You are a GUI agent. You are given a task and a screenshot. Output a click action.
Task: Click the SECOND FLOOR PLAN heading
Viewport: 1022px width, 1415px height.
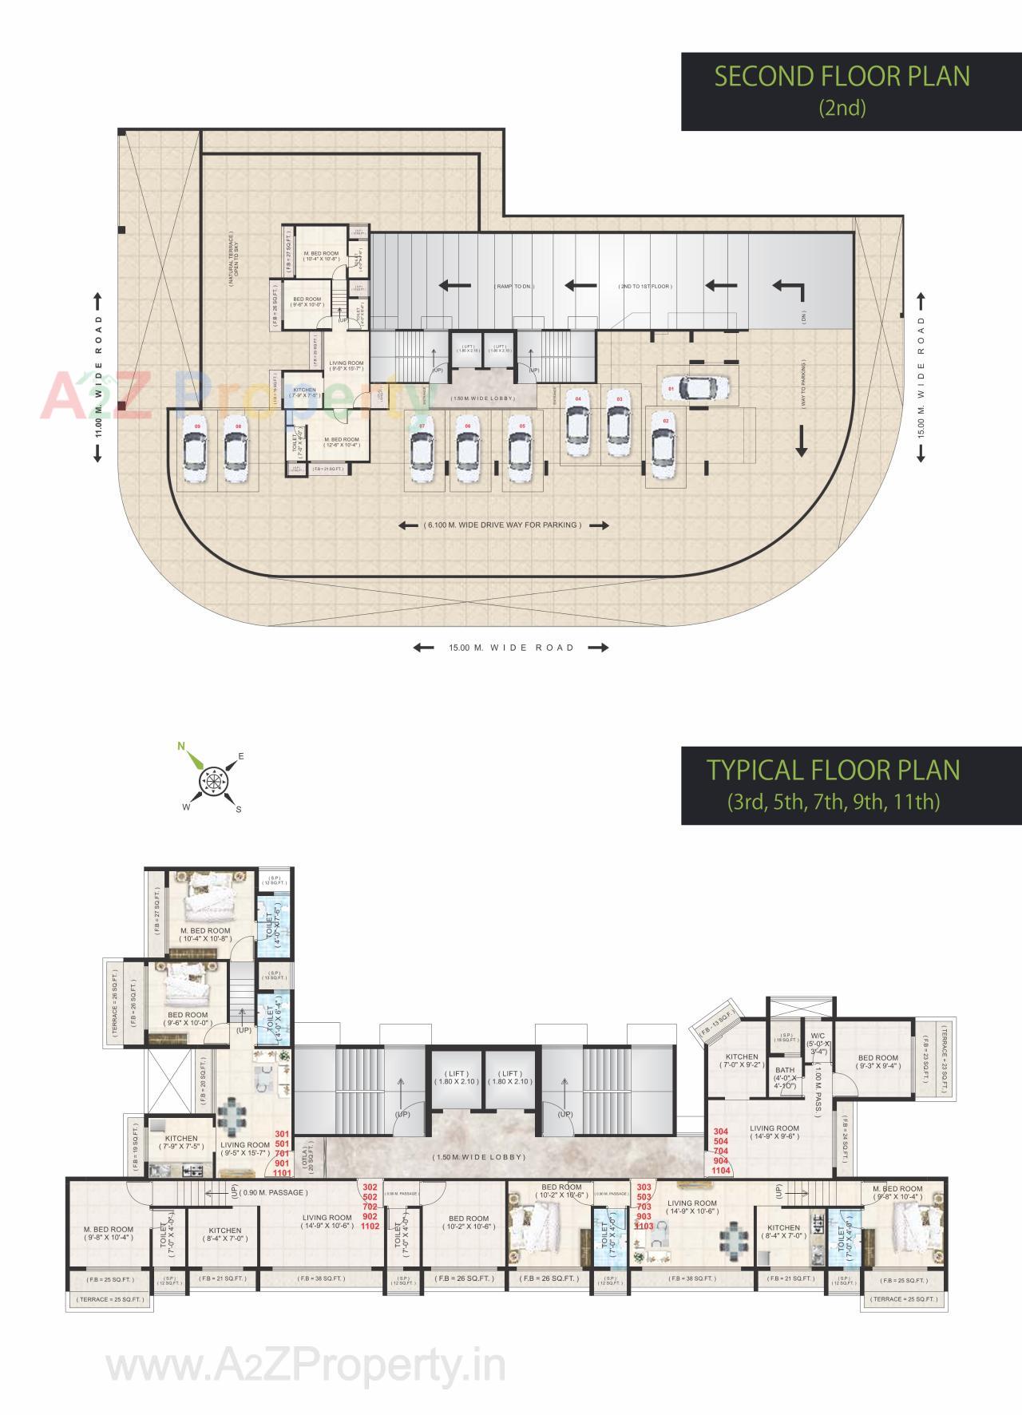842,77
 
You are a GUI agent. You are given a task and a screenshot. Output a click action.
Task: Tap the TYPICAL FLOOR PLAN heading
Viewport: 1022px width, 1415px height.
834,771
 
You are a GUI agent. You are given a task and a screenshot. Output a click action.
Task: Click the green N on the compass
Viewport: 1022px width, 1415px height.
182,747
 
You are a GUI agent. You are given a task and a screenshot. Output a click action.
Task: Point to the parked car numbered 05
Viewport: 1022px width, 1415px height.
522,453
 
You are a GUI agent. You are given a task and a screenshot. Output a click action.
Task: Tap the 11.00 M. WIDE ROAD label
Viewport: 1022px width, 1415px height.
99,376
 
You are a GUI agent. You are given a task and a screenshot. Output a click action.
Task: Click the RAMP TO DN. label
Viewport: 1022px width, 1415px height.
515,286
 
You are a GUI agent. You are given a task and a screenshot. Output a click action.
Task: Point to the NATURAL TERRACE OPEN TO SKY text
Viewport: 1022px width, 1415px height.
231,260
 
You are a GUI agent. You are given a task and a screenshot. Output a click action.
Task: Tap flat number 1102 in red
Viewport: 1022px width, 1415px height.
370,1226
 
